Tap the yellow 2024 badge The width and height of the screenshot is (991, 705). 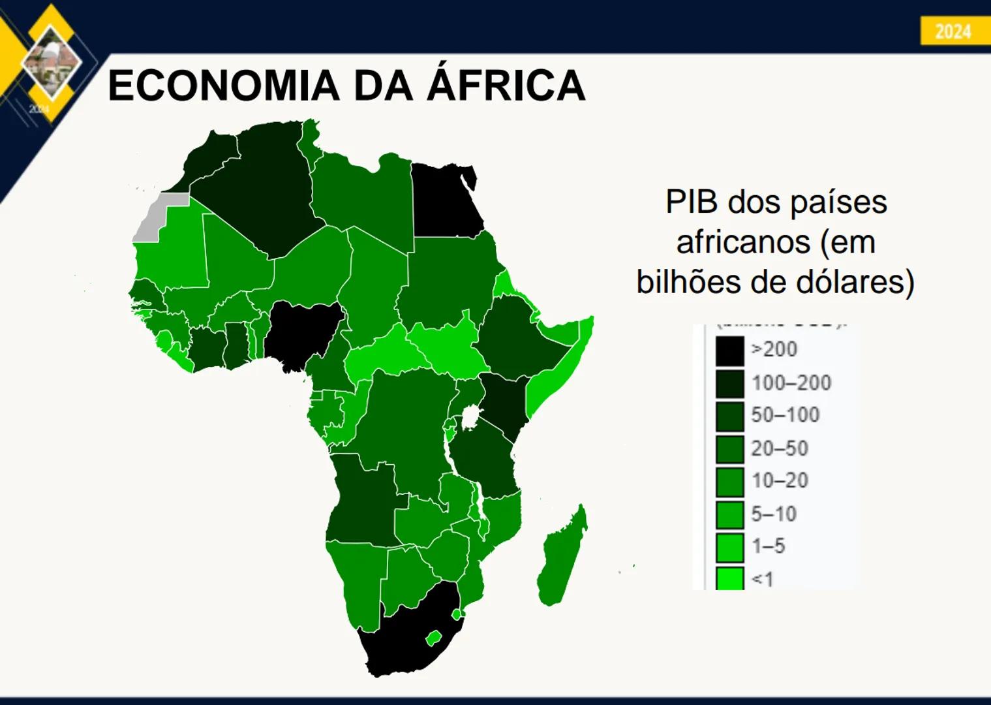coord(953,31)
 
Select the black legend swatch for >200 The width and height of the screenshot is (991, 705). coord(729,351)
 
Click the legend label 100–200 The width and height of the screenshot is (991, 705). coord(791,383)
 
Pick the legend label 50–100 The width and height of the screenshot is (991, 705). coord(785,415)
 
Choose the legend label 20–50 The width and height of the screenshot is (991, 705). coord(780,448)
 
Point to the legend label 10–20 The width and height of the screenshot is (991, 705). coord(780,480)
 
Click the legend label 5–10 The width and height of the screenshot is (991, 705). coord(774,514)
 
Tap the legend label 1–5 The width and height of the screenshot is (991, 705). coord(769,546)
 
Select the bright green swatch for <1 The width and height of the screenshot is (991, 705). coord(729,578)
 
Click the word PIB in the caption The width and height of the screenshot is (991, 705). coord(692,202)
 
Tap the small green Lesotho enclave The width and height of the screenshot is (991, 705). coord(433,637)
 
